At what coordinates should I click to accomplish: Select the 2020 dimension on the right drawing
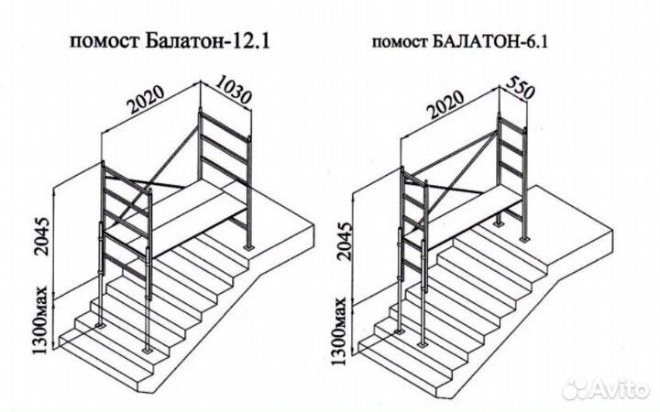coord(445,112)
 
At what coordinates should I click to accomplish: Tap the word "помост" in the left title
coord(97,42)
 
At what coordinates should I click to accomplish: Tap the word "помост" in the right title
coord(400,42)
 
